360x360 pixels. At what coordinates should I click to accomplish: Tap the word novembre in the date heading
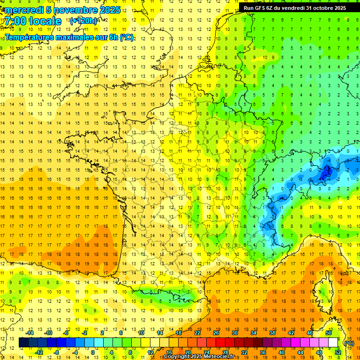[72, 10]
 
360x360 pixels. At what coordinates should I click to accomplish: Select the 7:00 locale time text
[33, 21]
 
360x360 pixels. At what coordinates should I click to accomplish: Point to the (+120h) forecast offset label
[83, 21]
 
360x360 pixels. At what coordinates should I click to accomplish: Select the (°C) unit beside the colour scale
[348, 343]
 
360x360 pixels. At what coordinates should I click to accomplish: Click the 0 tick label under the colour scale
[93, 352]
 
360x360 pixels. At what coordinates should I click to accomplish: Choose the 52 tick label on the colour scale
[337, 352]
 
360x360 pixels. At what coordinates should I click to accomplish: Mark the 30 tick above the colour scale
[234, 333]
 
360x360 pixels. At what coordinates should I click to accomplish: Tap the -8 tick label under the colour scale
[57, 352]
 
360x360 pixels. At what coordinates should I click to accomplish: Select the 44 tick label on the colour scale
[300, 352]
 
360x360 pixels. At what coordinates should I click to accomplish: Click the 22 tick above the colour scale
[197, 333]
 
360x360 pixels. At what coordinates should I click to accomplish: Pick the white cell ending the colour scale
[333, 343]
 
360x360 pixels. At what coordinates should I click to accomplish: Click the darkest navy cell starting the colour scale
[23, 343]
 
